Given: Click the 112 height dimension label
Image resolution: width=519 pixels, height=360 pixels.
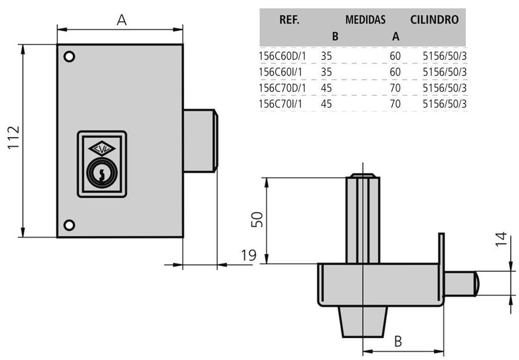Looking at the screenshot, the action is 14,137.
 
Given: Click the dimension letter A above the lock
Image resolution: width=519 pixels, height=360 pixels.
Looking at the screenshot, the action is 122,20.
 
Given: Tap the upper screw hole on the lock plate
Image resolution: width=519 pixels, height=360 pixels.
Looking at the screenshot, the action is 69,57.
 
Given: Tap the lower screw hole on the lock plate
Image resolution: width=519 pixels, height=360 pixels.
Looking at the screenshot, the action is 69,225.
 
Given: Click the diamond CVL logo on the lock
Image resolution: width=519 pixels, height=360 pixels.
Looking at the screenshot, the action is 102,149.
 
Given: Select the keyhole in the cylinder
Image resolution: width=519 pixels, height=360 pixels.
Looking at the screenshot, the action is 102,175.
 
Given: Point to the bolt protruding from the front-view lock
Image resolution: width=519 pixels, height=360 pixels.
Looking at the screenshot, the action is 201,141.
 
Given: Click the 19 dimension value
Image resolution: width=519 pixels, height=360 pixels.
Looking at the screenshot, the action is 249,256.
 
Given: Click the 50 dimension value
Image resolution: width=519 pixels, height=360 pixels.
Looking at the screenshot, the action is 257,219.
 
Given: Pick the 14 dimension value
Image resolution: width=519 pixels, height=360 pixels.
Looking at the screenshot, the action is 501,239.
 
